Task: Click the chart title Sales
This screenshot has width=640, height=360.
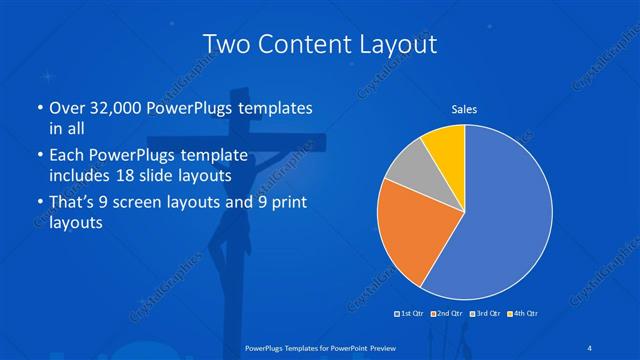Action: pyautogui.click(x=464, y=108)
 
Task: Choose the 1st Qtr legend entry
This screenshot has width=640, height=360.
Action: pyautogui.click(x=411, y=313)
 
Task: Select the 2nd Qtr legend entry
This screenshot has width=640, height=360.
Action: pyautogui.click(x=447, y=313)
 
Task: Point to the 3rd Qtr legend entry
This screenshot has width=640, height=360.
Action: pyautogui.click(x=486, y=313)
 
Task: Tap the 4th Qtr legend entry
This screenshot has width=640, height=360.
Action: pyautogui.click(x=524, y=313)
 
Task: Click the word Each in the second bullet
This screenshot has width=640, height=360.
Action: pyautogui.click(x=67, y=155)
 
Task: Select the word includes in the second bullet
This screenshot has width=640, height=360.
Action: pyautogui.click(x=81, y=176)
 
